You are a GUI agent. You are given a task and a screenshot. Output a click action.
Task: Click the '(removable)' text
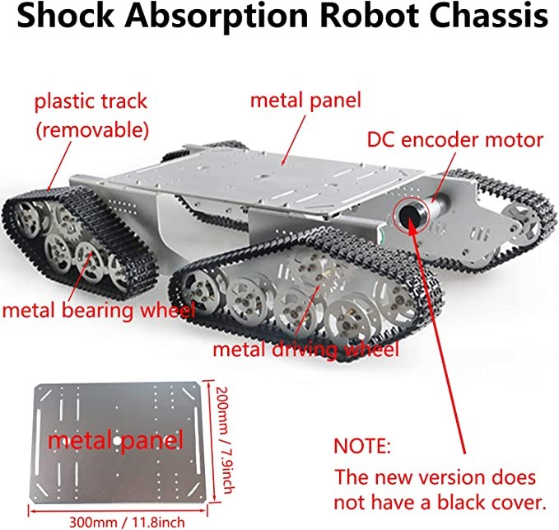(x=90, y=129)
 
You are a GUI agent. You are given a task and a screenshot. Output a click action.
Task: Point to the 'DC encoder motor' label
(x=454, y=139)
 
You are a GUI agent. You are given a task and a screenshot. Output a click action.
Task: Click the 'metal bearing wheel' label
(x=98, y=311)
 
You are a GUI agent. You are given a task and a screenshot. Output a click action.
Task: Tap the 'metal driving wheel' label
(x=305, y=349)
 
